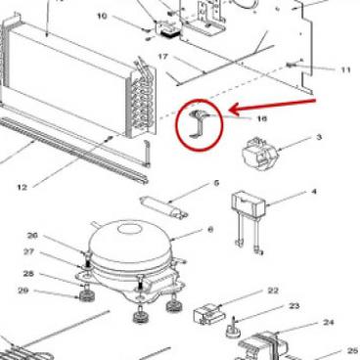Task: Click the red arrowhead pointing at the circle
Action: [x=236, y=109]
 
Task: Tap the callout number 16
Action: [x=262, y=118]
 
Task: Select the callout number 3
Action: [x=319, y=137]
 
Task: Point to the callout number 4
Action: [x=314, y=191]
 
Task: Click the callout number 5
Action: [x=216, y=183]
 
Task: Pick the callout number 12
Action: [x=22, y=187]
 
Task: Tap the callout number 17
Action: [x=162, y=57]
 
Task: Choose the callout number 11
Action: [x=345, y=69]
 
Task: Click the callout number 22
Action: [x=273, y=291]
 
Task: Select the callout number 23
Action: [x=294, y=306]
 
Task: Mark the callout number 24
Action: [x=329, y=323]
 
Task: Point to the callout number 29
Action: [x=23, y=291]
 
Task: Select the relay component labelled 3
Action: [x=259, y=154]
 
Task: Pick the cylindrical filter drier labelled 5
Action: [x=163, y=205]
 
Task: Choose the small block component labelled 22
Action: [x=209, y=314]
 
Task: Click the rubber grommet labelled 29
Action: [x=84, y=296]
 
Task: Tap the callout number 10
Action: [x=102, y=16]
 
